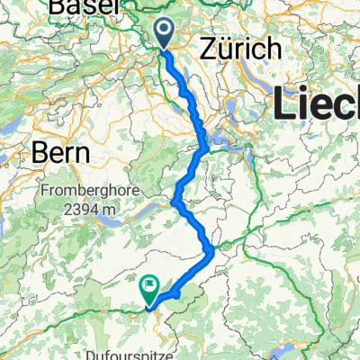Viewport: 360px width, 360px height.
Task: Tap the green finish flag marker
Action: tap(149, 289)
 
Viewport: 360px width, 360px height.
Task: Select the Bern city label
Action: tap(60, 152)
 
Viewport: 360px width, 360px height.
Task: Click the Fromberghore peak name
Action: tap(85, 192)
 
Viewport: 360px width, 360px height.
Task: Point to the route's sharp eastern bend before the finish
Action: tap(211, 250)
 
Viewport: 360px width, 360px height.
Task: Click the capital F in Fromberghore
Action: tap(44, 192)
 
